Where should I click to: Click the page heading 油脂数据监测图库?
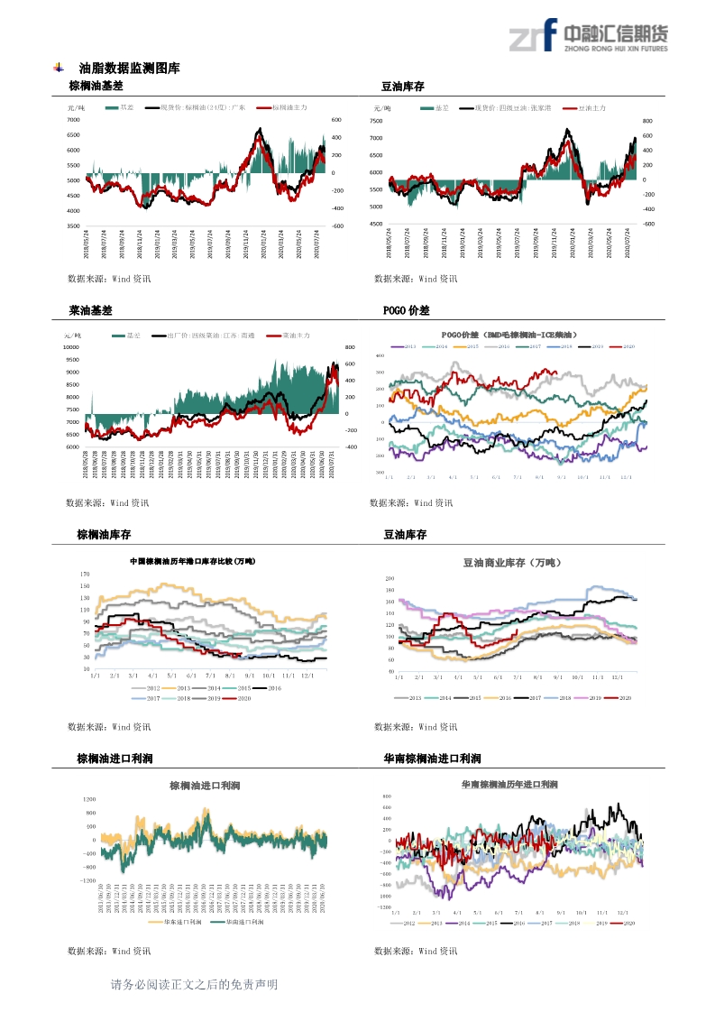(x=129, y=68)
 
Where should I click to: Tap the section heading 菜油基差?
(x=90, y=310)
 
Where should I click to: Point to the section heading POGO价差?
(x=406, y=310)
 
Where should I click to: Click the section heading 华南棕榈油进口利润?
(x=432, y=759)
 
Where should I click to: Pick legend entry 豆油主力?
(x=591, y=107)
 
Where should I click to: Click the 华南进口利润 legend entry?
(x=243, y=922)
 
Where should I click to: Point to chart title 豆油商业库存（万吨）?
(x=511, y=563)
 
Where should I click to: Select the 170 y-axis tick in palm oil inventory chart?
(x=85, y=574)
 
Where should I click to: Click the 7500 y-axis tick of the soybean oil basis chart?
(x=377, y=120)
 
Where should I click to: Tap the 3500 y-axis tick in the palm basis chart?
(x=74, y=226)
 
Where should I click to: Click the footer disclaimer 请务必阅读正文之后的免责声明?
(x=194, y=984)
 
